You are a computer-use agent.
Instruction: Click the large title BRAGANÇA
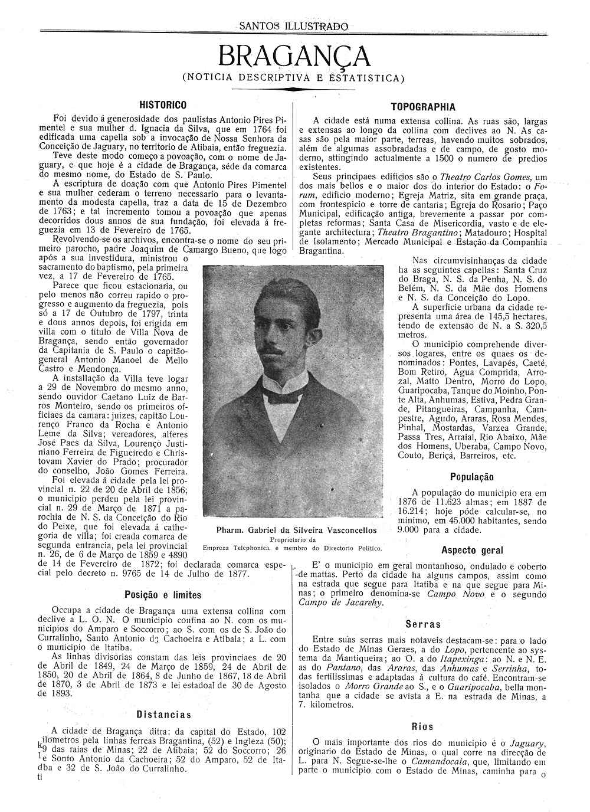click(294, 57)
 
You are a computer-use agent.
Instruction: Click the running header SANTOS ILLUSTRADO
click(294, 27)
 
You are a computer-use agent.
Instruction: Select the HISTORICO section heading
click(163, 105)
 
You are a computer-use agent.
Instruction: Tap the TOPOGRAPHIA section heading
click(423, 107)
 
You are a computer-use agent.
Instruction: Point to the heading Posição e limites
click(163, 595)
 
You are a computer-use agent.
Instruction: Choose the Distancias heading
click(163, 715)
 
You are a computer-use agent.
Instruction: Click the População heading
click(471, 477)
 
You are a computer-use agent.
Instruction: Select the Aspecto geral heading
click(472, 551)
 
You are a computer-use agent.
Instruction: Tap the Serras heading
click(423, 624)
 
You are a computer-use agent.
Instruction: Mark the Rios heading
click(422, 727)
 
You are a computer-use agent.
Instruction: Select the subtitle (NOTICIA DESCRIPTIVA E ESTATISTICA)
click(294, 77)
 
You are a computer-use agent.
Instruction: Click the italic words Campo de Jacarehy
click(340, 603)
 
